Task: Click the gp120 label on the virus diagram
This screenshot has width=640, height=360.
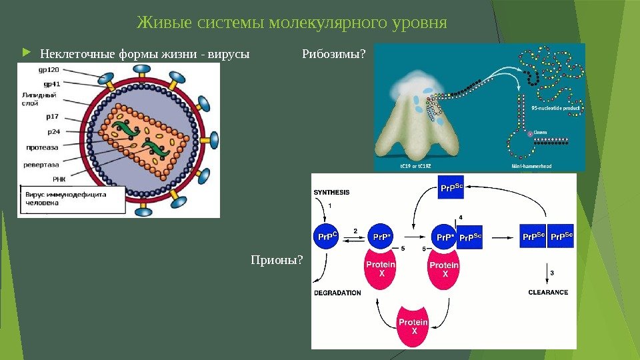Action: (49, 69)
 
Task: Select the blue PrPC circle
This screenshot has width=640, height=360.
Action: (326, 237)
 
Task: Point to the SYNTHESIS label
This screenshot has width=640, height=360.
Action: (331, 192)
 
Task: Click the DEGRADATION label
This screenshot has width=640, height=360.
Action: (337, 293)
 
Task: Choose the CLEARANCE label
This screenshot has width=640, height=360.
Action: (548, 292)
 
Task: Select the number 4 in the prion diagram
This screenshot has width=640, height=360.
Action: (461, 218)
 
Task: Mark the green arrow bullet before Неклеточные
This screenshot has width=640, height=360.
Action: (26, 53)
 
